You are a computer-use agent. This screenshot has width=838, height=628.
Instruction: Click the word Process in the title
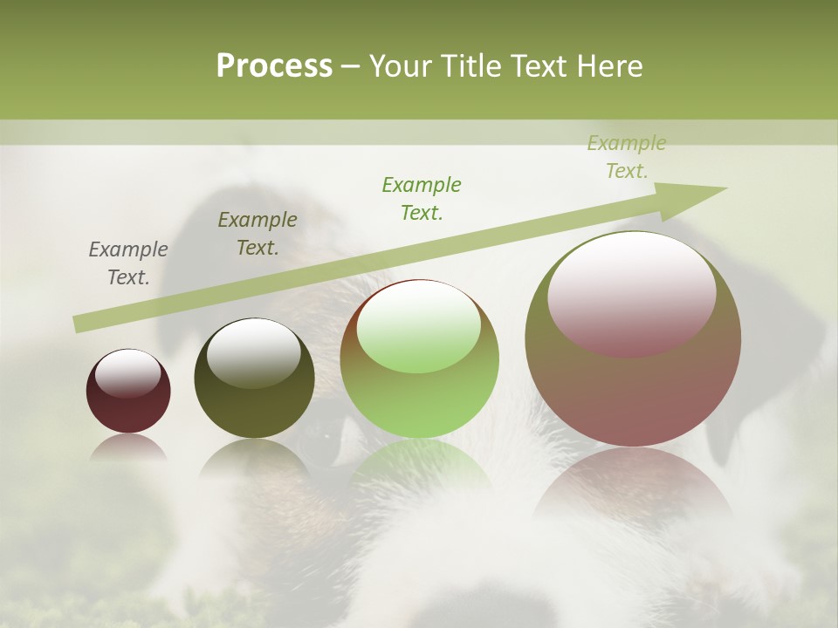(x=274, y=65)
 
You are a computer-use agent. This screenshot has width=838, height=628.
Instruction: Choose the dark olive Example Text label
(x=258, y=234)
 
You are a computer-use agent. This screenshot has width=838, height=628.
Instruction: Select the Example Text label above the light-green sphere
(x=422, y=198)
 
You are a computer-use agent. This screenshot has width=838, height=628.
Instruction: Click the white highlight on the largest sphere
(x=631, y=292)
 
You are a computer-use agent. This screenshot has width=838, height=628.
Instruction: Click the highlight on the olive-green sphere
(x=253, y=352)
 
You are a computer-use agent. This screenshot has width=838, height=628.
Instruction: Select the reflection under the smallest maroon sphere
(x=128, y=447)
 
